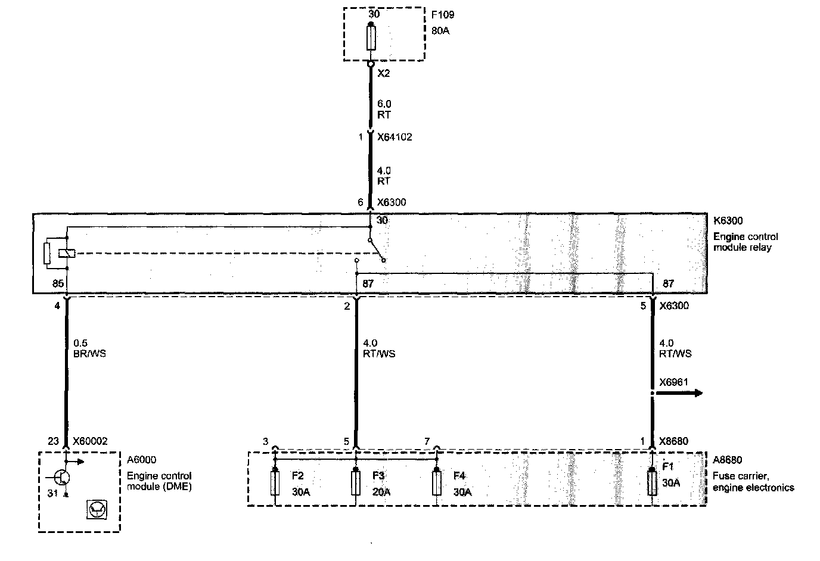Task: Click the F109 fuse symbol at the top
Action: pyautogui.click(x=371, y=38)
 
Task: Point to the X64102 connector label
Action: pyautogui.click(x=395, y=137)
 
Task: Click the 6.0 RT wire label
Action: pyautogui.click(x=384, y=109)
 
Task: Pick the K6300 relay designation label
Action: pyautogui.click(x=728, y=221)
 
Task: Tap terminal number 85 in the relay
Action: pyautogui.click(x=58, y=284)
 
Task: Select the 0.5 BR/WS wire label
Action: pyautogui.click(x=89, y=348)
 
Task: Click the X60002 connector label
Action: pyautogui.click(x=90, y=441)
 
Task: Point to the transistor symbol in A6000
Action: pyautogui.click(x=61, y=477)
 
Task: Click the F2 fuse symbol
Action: pyautogui.click(x=275, y=482)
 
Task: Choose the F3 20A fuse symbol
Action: pyautogui.click(x=356, y=482)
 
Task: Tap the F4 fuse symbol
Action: pyautogui.click(x=437, y=482)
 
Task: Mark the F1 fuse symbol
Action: pyautogui.click(x=653, y=482)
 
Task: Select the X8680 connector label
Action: pyautogui.click(x=673, y=441)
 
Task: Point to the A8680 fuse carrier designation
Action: pyautogui.click(x=727, y=460)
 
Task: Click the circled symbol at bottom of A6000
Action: pyautogui.click(x=95, y=509)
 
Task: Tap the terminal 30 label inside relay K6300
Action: pyautogui.click(x=382, y=220)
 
